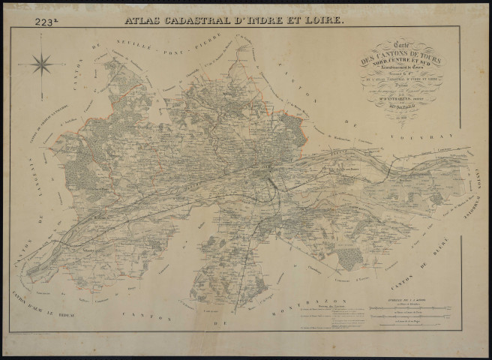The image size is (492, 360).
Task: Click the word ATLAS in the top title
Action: pos(144,20)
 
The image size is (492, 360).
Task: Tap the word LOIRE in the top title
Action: pos(323,20)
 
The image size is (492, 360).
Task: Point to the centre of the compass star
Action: pos(42,64)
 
